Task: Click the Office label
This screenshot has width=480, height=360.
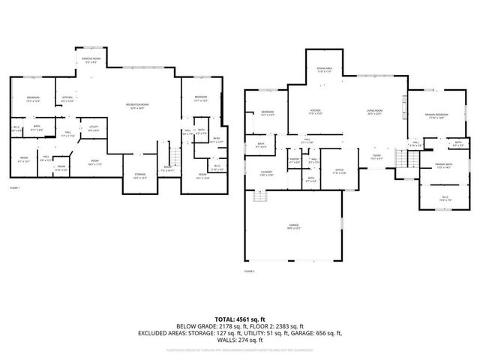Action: (x=339, y=172)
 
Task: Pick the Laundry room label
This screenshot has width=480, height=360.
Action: (x=265, y=173)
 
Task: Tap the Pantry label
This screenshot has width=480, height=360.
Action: (x=294, y=160)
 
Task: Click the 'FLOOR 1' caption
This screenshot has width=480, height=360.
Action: (x=16, y=187)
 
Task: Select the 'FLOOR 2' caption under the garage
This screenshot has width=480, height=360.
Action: (x=250, y=271)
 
